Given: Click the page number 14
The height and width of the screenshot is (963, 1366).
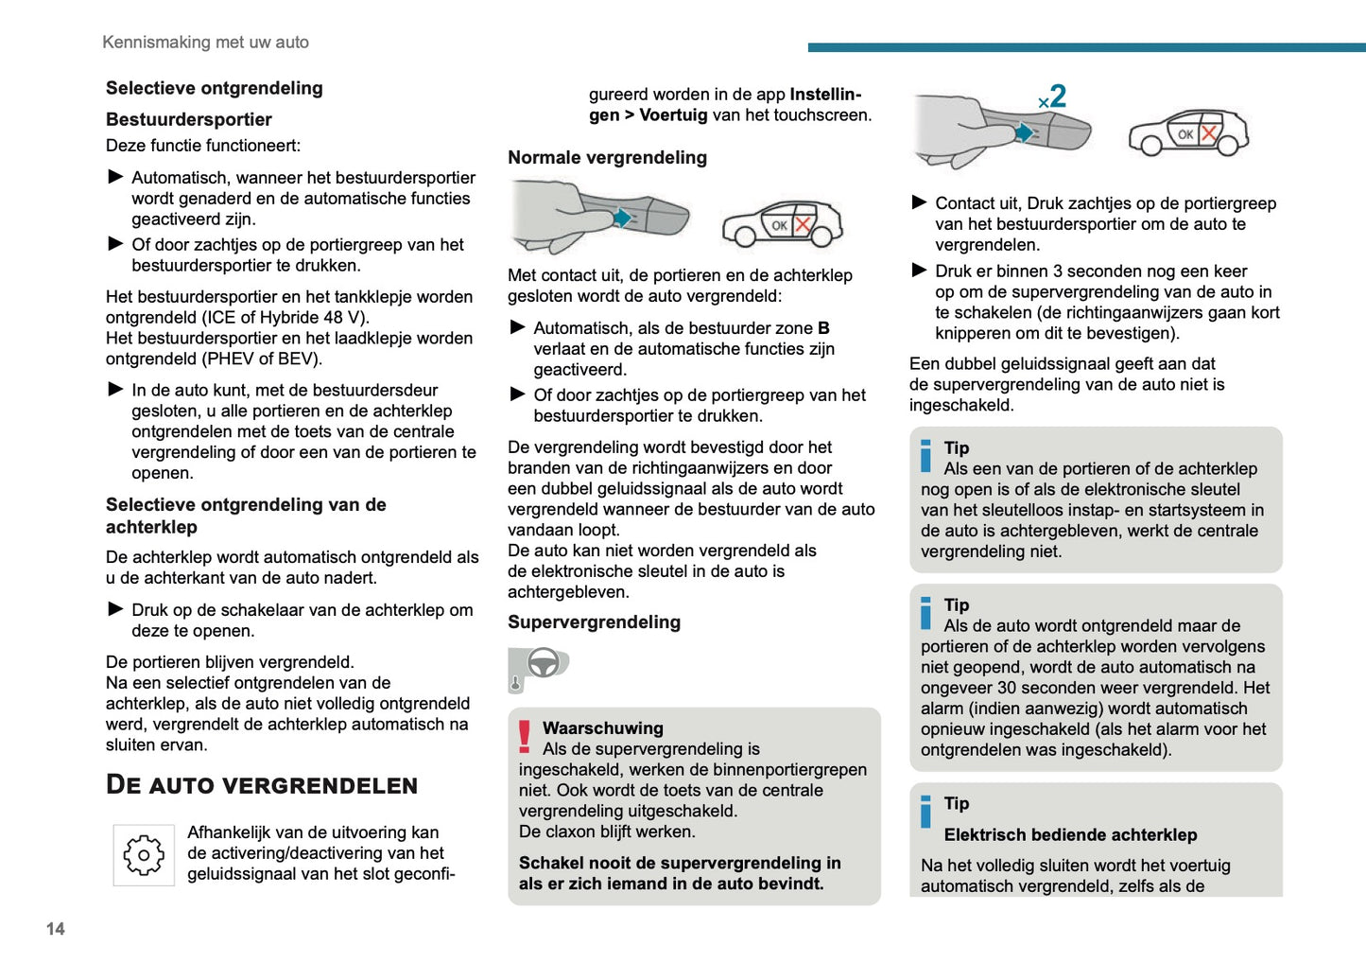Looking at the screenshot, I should (56, 929).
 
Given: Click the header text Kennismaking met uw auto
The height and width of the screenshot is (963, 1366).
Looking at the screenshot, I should (205, 43).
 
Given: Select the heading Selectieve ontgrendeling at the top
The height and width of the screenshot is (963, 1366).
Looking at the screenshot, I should (215, 88).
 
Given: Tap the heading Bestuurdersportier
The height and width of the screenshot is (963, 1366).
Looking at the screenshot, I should (189, 119).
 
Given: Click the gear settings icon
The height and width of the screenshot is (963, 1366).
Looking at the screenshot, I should (144, 855).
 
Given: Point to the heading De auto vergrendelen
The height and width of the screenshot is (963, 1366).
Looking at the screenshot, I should (262, 785).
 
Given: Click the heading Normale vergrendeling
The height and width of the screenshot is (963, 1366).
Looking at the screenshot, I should (607, 157).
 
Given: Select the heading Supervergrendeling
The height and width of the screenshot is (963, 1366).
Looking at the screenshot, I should (594, 622).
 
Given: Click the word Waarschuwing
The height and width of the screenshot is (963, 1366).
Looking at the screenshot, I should (602, 728).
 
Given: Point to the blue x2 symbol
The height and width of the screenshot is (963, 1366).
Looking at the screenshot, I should (1052, 96).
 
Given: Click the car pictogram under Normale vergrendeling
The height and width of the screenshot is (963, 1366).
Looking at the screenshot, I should (782, 224).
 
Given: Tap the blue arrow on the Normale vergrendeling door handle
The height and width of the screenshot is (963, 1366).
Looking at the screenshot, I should (621, 219).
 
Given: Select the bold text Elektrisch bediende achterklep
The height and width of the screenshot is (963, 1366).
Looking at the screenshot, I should (1070, 834).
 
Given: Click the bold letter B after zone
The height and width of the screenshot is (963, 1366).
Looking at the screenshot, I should (823, 328).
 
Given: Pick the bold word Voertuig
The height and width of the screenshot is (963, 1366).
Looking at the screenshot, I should (673, 115).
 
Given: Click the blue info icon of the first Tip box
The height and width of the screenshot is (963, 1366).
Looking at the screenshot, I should (925, 455).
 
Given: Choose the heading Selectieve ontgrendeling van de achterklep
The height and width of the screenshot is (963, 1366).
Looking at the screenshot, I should (246, 516).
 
